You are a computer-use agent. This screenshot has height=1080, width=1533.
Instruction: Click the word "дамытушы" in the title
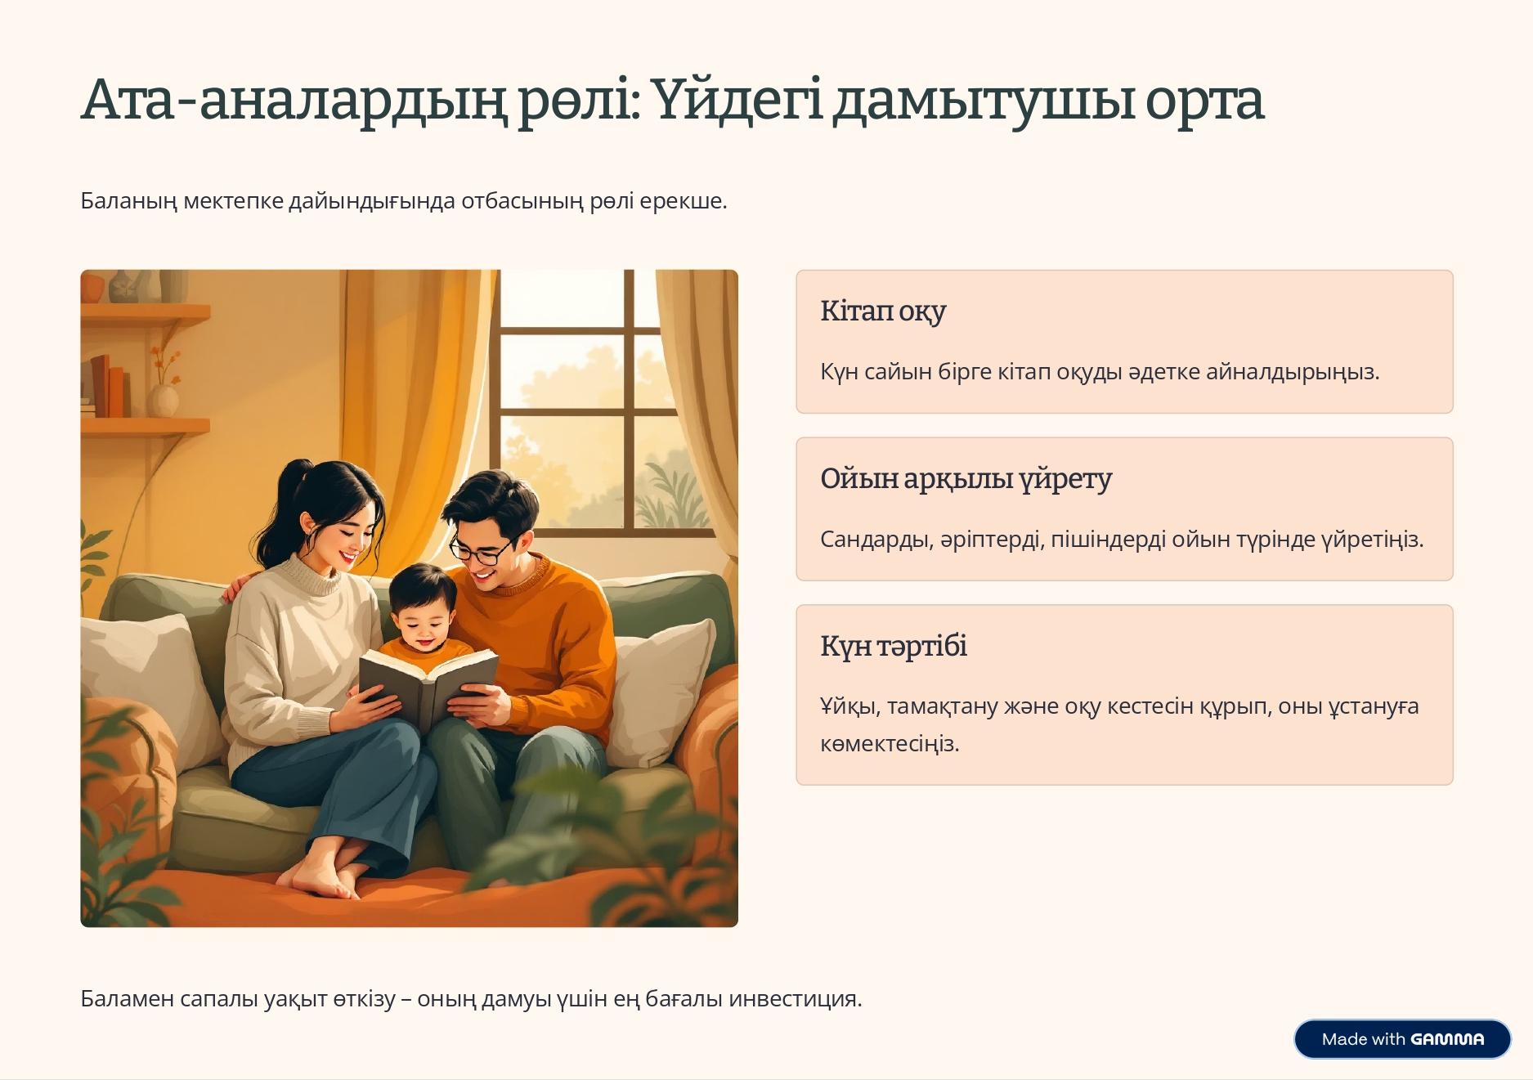click(984, 101)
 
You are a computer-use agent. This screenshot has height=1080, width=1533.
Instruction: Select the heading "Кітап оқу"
click(883, 311)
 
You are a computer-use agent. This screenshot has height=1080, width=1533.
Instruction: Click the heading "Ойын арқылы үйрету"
click(966, 479)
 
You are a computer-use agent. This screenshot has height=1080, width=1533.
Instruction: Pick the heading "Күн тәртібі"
click(894, 646)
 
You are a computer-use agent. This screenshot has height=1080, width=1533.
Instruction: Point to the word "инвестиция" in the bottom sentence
click(792, 999)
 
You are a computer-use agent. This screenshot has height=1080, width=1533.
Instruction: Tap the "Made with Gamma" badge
click(1401, 1039)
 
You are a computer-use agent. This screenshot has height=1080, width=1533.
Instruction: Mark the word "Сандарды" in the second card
click(874, 540)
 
